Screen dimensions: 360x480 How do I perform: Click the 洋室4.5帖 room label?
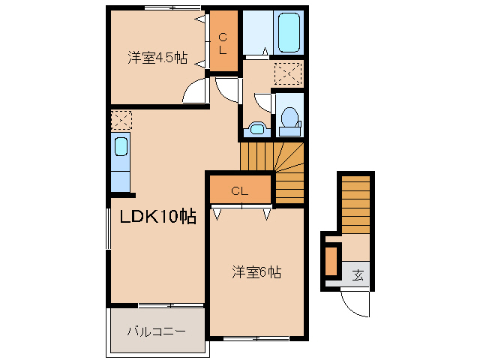[x=157, y=58]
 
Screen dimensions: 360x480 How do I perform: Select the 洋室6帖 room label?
[x=256, y=273]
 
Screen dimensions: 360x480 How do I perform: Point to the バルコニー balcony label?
[x=155, y=331]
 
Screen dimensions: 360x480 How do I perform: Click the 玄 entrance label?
[x=358, y=274]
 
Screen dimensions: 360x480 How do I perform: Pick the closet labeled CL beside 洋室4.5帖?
[x=223, y=43]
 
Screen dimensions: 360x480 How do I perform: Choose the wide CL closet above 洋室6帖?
[x=239, y=190]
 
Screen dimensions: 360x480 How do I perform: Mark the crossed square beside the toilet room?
[x=288, y=73]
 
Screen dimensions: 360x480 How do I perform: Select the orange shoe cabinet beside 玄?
[x=331, y=260]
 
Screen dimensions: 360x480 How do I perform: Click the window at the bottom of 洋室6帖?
[x=256, y=339]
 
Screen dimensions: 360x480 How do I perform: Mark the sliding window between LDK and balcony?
[x=171, y=305]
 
